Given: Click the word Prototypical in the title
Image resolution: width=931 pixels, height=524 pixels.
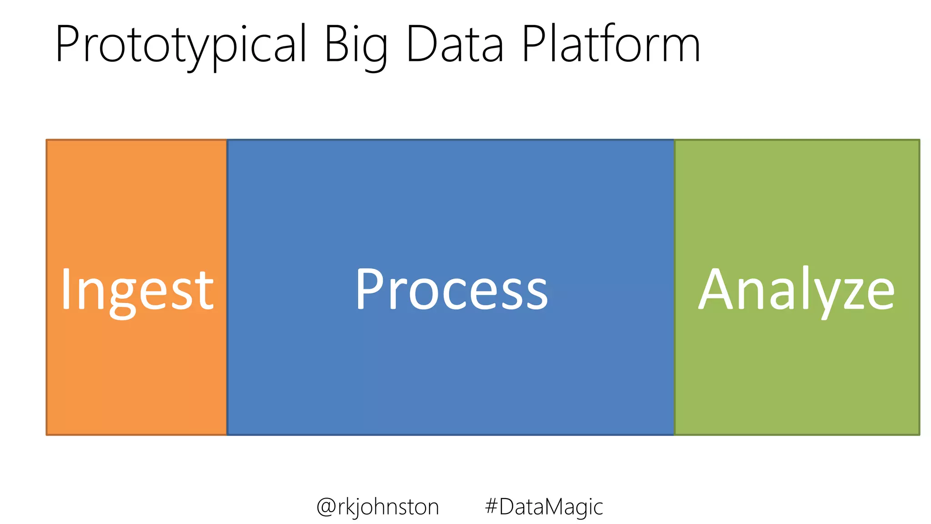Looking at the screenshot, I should [181, 45].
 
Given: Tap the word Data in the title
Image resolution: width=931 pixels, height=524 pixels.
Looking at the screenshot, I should [455, 45].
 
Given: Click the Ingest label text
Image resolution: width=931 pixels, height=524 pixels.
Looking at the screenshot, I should [137, 290].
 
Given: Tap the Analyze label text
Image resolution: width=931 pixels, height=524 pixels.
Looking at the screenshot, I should [796, 290].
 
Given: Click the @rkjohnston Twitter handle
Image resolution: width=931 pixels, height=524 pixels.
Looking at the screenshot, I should [377, 507].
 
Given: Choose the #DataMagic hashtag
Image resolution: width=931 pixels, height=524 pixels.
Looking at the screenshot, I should [544, 507].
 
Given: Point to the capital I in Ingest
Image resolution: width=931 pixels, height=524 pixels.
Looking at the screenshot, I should [66, 289].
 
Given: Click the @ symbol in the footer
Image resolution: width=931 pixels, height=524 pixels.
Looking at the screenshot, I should [325, 507].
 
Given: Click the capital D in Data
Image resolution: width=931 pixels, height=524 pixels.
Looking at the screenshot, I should [421, 44].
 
